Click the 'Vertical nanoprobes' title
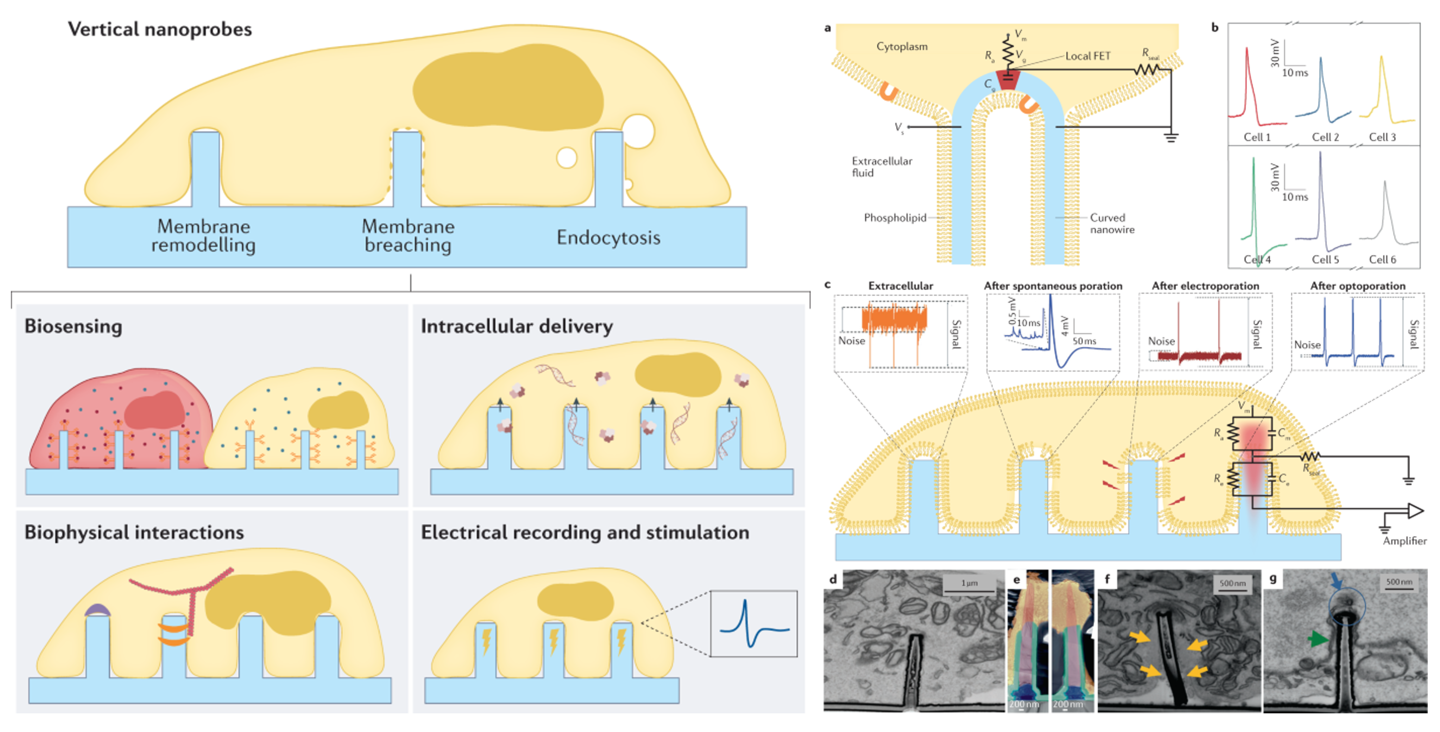tap(160, 29)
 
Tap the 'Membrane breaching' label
tap(408, 235)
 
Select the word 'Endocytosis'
tap(608, 238)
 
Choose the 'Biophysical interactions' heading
tap(134, 532)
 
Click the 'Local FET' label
tap(1087, 56)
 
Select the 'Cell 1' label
tap(1257, 137)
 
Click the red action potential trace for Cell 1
tap(1248, 84)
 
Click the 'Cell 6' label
tap(1382, 259)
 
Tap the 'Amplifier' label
tap(1404, 541)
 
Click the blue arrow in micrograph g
tap(1336, 581)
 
